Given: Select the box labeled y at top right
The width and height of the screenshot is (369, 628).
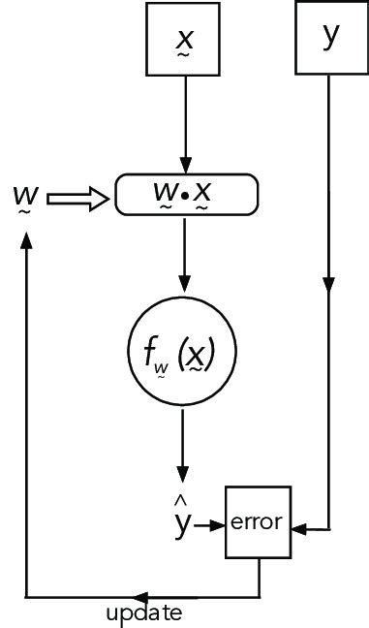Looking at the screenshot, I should click(x=330, y=37).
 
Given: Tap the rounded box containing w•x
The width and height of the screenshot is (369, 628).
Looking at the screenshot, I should click(x=187, y=194).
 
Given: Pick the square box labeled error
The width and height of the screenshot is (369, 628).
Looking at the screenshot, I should click(x=257, y=522).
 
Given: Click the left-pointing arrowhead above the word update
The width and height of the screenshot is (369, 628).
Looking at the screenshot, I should click(x=140, y=594).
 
